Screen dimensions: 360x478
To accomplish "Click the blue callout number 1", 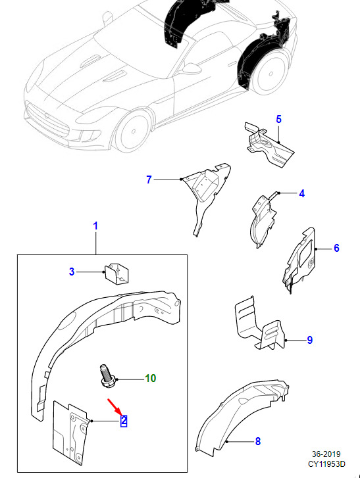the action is [x=95, y=226].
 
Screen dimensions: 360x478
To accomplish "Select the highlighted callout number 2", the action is [x=124, y=421].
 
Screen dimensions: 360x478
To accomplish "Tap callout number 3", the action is [x=72, y=272].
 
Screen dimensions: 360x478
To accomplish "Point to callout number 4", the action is [x=301, y=193].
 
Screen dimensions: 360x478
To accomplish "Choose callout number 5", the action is [x=278, y=119].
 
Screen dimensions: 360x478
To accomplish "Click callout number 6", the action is [x=336, y=248].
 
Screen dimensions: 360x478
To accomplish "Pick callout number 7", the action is [x=149, y=179].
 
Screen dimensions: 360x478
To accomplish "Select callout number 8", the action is [x=258, y=441].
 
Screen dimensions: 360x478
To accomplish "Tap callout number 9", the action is [x=310, y=340].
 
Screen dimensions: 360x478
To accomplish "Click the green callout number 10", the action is [x=151, y=378].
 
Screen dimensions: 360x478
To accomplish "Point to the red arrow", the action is [x=115, y=407].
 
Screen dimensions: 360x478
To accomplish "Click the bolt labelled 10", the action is [x=107, y=377].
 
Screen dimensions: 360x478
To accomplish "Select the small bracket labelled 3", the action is [x=117, y=274].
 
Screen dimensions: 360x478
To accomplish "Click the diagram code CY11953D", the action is [x=326, y=464].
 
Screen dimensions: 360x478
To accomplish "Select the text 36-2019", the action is [x=326, y=454].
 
